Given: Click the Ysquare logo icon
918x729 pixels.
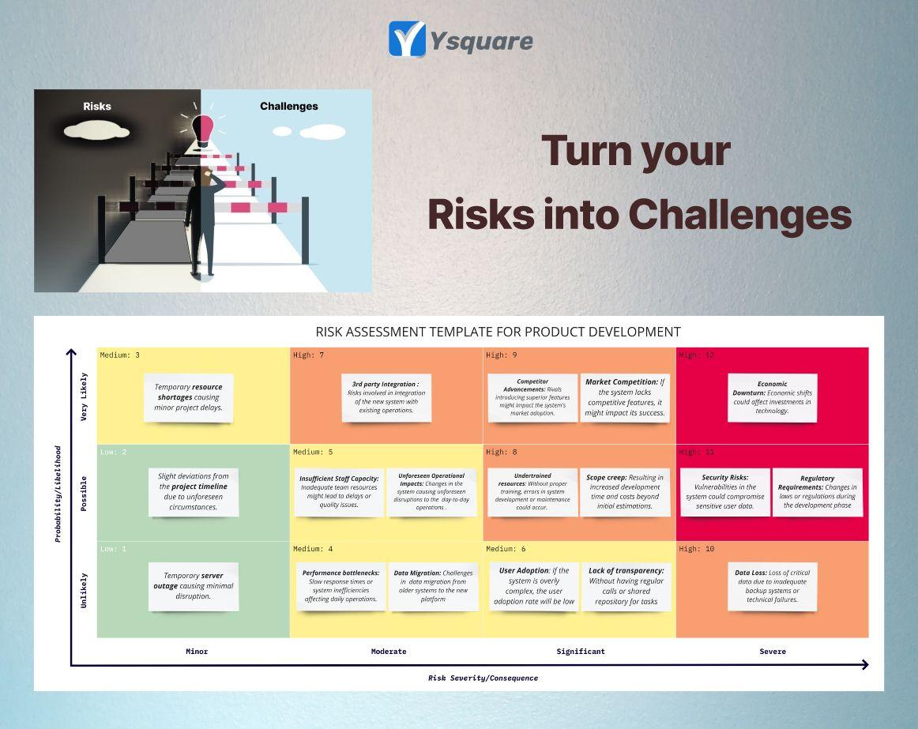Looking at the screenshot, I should pos(407,39).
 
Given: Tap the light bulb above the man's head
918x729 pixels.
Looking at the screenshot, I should pos(202,131).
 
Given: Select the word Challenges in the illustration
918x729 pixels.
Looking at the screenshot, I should pos(289,106).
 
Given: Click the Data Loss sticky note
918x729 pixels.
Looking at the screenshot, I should pos(772,586).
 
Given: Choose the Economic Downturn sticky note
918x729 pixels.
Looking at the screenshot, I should pos(772,397).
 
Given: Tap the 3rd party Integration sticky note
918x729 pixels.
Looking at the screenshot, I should pos(386,397).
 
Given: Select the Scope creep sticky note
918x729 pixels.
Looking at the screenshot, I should pos(624,492).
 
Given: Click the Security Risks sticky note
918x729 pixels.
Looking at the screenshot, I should pos(725,492).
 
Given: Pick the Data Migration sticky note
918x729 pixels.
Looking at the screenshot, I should pos(433,586).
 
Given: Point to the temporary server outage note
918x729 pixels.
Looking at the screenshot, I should pos(194,586).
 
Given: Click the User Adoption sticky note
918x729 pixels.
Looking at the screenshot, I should pos(534,586).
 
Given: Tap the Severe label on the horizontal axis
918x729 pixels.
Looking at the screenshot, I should pos(773,652).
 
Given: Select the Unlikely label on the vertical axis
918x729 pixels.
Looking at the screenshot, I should pos(85,591).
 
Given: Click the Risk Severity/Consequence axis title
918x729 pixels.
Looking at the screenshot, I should pos(483,678).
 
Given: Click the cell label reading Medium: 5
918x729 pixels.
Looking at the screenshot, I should pos(313,453).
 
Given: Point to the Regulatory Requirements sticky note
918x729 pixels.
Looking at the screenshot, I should pos(817,492).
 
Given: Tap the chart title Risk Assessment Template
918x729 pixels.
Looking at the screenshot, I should pos(498,332).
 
